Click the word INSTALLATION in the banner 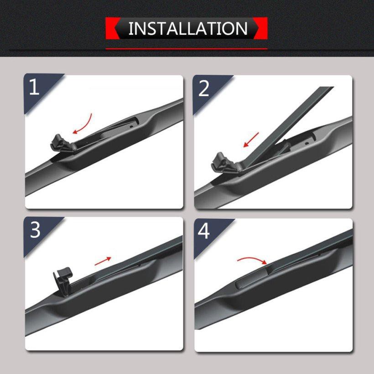188,28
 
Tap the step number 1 34,87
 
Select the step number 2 204,88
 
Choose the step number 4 203,231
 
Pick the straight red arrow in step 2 251,140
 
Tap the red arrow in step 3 103,261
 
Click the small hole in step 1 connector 131,127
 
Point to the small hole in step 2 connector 307,143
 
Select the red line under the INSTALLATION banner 187,49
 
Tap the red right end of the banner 261,28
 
